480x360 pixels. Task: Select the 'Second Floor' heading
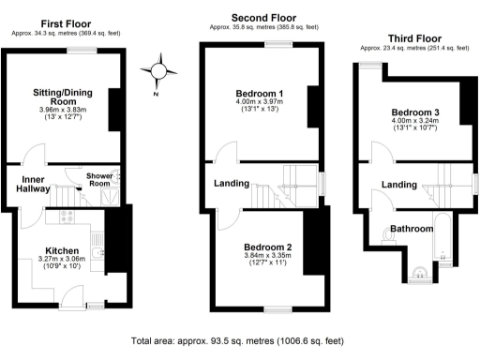coord(264,17)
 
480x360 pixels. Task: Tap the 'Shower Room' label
coord(99,180)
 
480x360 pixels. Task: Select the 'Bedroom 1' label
coord(260,93)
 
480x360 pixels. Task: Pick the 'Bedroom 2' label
coord(270,247)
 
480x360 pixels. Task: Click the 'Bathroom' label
coord(411,228)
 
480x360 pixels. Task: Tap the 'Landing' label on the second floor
coord(231,184)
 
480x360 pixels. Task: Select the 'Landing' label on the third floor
coord(400,185)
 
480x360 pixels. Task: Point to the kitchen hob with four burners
coord(67,217)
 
